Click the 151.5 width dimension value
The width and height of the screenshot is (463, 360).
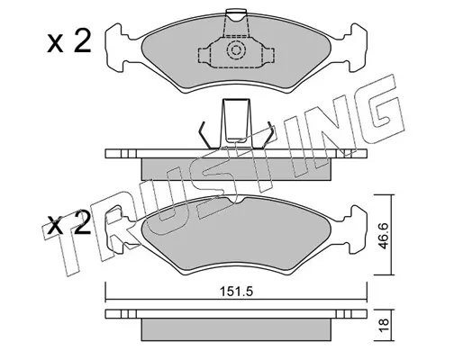pyautogui.click(x=236, y=292)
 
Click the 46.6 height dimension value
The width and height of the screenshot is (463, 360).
pyautogui.click(x=383, y=236)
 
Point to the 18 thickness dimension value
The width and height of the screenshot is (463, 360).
pyautogui.click(x=384, y=325)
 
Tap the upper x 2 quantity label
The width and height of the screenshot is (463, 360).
pyautogui.click(x=68, y=42)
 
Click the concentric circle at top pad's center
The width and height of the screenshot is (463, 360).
pyautogui.click(x=236, y=49)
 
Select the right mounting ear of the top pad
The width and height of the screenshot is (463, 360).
pyautogui.click(x=354, y=48)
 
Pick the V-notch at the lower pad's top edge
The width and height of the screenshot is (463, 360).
pyautogui.click(x=236, y=201)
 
